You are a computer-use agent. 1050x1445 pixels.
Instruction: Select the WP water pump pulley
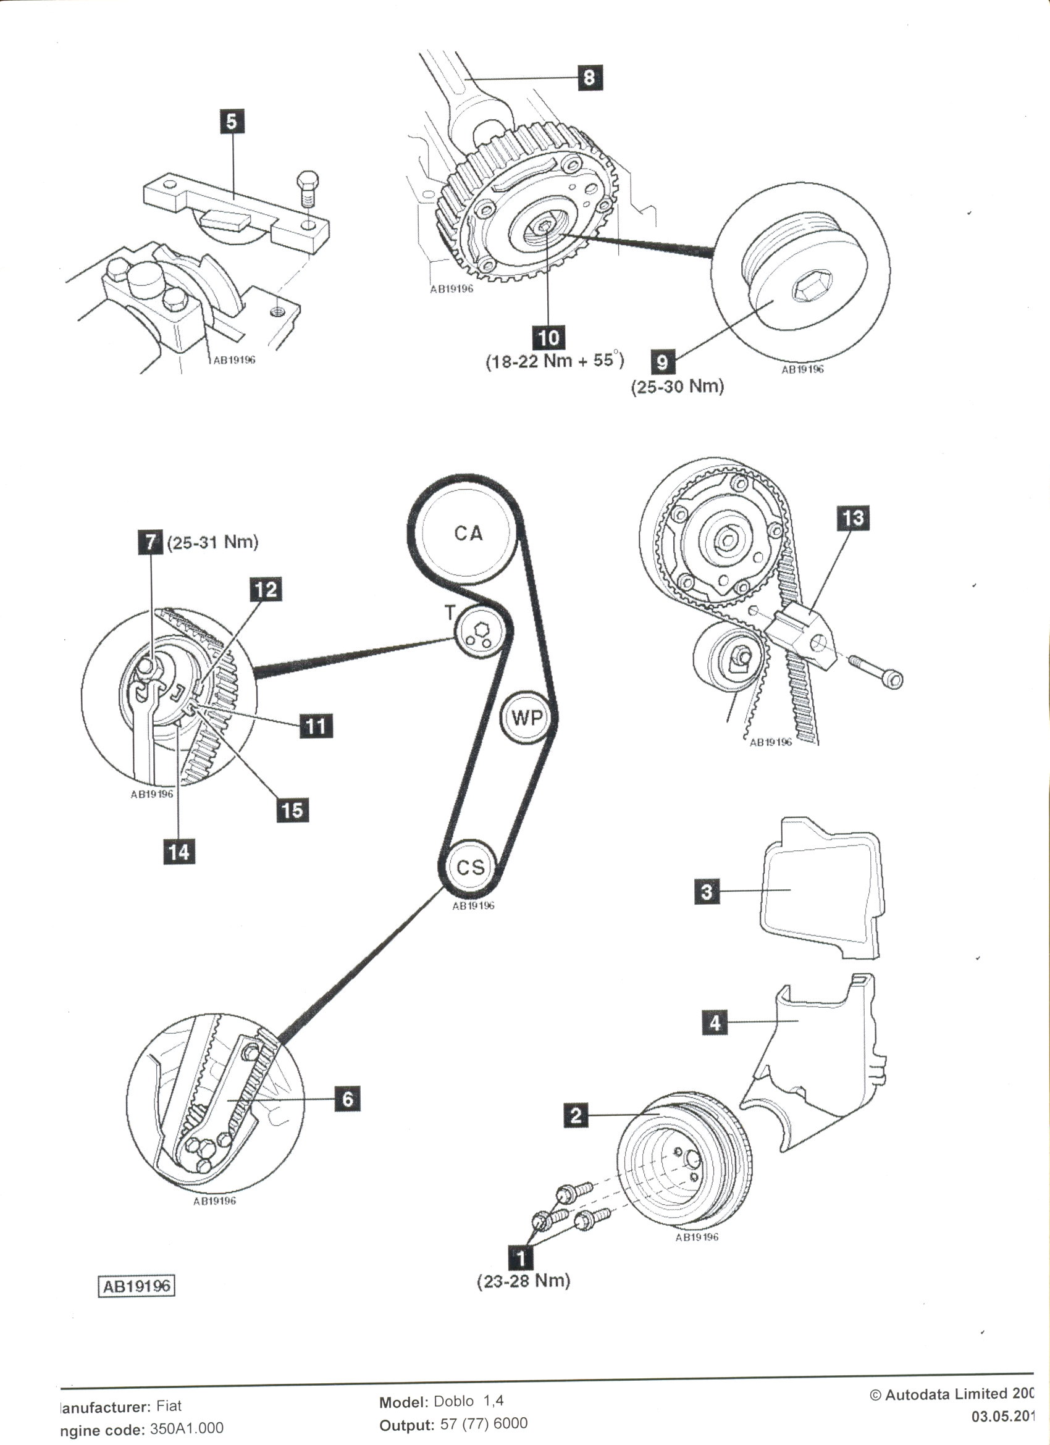point(527,718)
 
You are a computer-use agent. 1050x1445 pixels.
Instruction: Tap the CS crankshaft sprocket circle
point(470,866)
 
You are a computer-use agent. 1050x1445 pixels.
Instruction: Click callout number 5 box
point(232,121)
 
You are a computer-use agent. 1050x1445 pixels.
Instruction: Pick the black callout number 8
point(589,78)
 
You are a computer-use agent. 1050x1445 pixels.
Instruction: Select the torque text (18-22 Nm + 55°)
point(554,361)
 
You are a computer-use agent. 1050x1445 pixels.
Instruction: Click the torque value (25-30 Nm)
point(678,387)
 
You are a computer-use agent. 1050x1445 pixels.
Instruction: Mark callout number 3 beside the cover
point(707,890)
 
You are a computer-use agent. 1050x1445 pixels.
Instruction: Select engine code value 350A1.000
point(187,1428)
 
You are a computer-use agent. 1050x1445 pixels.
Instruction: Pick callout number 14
point(179,851)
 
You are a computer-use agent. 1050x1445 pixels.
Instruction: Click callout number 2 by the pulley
point(576,1115)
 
